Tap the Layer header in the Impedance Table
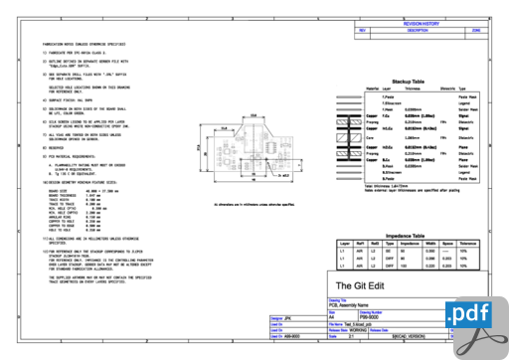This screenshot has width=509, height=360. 346,242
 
